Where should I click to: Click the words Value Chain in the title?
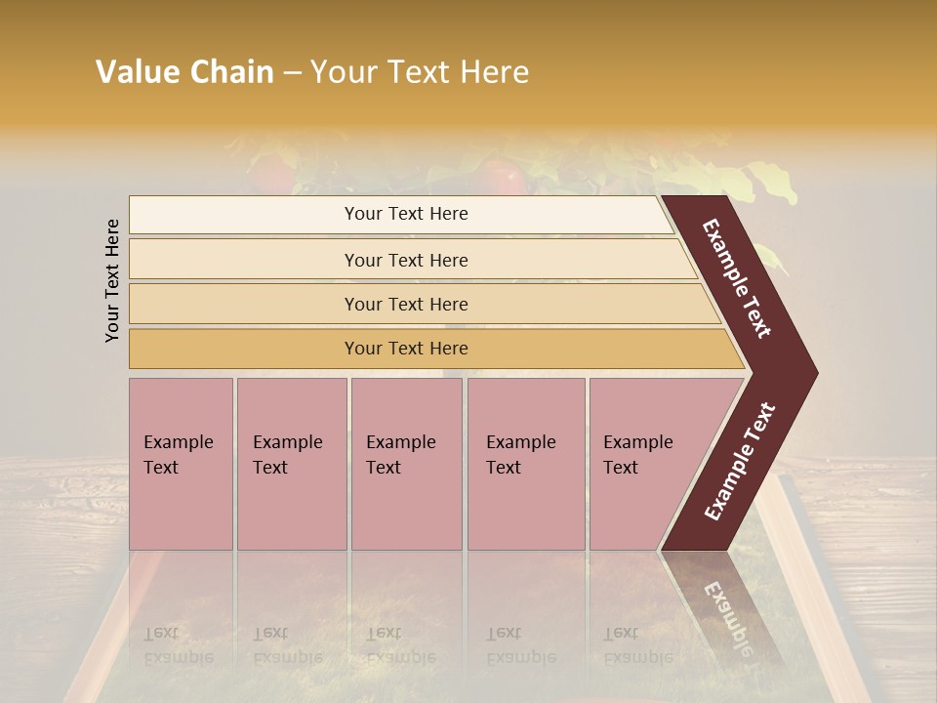coord(184,72)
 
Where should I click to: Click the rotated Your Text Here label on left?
coord(112,280)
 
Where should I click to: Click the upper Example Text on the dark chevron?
coord(737,278)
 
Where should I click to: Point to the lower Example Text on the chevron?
coord(740,461)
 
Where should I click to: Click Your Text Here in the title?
coord(420,72)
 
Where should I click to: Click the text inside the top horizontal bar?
coord(406,214)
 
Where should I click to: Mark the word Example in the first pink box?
coord(178,442)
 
